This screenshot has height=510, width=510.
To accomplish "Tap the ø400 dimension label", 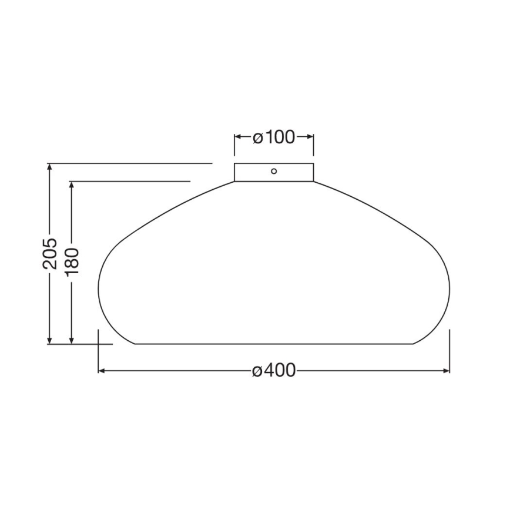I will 274,371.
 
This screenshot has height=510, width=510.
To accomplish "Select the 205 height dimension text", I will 50,253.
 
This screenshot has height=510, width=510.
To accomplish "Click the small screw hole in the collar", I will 274,171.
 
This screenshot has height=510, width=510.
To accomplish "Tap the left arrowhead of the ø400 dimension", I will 102,371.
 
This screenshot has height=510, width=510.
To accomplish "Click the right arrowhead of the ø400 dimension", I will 446,371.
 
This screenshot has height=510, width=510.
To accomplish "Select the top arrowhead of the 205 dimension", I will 50,167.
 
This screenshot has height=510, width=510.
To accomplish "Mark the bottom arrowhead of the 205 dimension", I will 50,340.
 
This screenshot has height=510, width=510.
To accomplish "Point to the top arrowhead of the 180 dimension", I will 72,185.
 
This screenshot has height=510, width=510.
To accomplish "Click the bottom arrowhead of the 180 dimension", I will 72,340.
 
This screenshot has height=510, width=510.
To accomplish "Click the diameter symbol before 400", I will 256,372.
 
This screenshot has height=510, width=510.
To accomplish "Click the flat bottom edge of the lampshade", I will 274,344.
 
